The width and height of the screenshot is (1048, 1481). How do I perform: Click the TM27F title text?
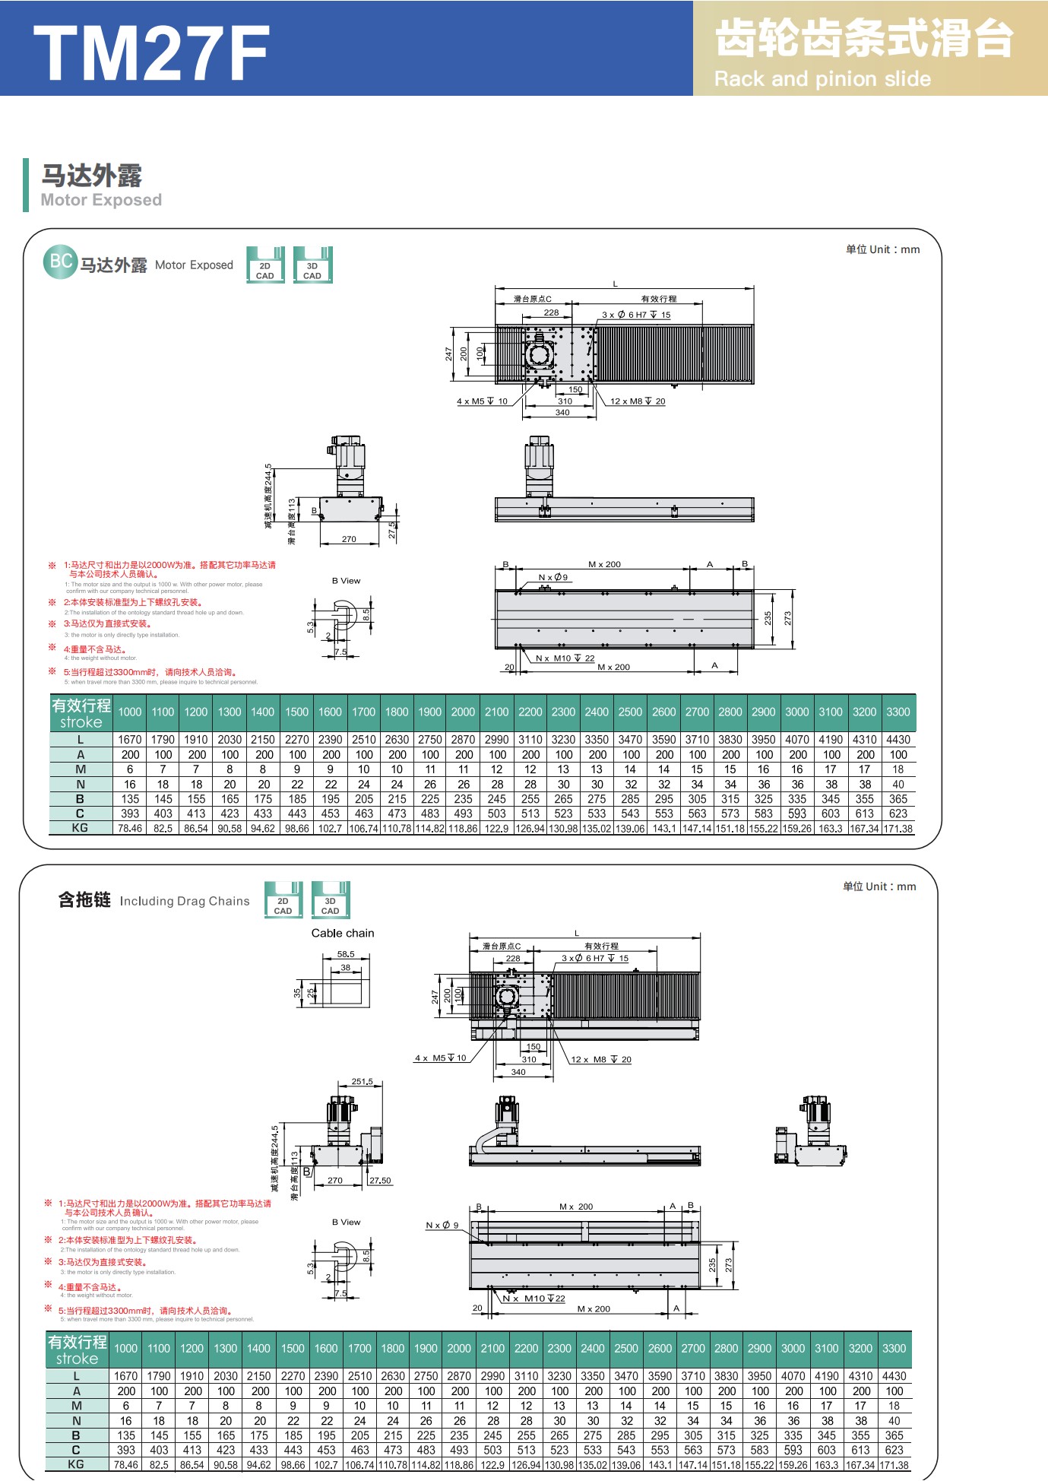click(x=151, y=52)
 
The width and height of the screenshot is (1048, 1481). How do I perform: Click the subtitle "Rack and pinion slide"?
click(x=822, y=79)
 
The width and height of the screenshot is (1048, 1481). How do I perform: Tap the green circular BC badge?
click(x=60, y=262)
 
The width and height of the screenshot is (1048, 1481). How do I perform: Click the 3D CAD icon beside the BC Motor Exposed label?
click(x=312, y=265)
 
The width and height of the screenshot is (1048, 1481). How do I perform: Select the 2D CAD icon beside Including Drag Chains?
click(x=283, y=900)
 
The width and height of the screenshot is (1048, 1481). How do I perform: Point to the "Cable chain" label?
click(x=343, y=933)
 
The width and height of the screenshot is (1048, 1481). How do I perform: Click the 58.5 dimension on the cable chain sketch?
click(x=346, y=954)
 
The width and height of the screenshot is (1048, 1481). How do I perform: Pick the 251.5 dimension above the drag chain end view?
click(x=363, y=1081)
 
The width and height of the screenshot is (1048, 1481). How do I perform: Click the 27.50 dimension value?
click(x=380, y=1181)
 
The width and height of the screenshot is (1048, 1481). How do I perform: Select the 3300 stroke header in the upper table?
click(x=898, y=712)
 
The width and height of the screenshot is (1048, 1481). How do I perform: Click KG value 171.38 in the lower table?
click(x=894, y=1465)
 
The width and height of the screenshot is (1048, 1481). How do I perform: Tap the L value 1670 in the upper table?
click(x=130, y=739)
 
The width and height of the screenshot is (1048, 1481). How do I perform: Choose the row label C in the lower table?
click(x=76, y=1450)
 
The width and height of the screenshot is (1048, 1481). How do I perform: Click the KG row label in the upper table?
click(x=80, y=828)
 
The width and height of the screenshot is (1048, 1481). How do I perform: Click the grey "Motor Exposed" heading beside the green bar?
click(x=101, y=200)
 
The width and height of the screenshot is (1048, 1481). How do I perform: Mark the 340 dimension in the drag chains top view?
click(x=518, y=1072)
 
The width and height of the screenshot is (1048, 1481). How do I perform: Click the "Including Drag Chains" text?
click(x=185, y=901)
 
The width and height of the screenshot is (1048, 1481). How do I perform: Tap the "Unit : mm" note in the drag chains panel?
click(x=879, y=886)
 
